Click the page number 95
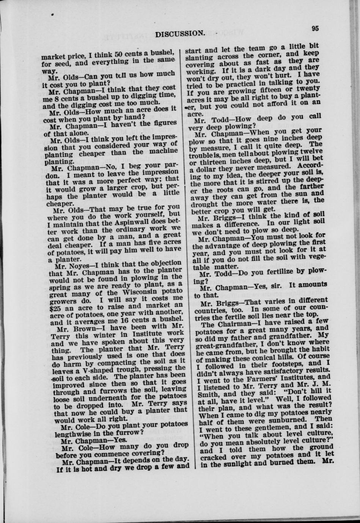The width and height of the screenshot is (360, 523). coord(314,28)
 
